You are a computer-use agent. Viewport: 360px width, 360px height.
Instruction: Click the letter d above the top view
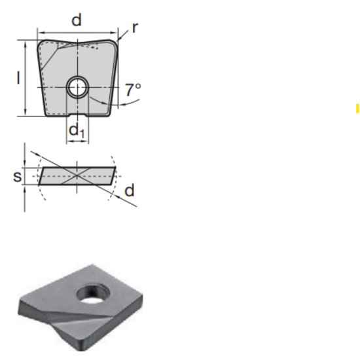(x=77, y=20)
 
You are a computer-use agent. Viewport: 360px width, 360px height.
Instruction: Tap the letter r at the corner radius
(x=134, y=27)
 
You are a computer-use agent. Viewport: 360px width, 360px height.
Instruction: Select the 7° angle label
(x=133, y=90)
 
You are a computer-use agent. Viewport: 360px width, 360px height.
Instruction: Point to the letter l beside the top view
(x=18, y=78)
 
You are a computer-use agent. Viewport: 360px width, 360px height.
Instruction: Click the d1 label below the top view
(x=77, y=130)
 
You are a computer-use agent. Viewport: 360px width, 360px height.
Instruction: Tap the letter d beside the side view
(x=129, y=190)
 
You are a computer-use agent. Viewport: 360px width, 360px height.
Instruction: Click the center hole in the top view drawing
(x=78, y=86)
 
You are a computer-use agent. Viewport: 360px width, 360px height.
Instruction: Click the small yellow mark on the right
(x=357, y=109)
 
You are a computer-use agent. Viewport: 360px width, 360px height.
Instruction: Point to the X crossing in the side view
(x=77, y=175)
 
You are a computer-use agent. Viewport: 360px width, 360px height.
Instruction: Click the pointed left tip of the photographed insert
(x=20, y=310)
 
